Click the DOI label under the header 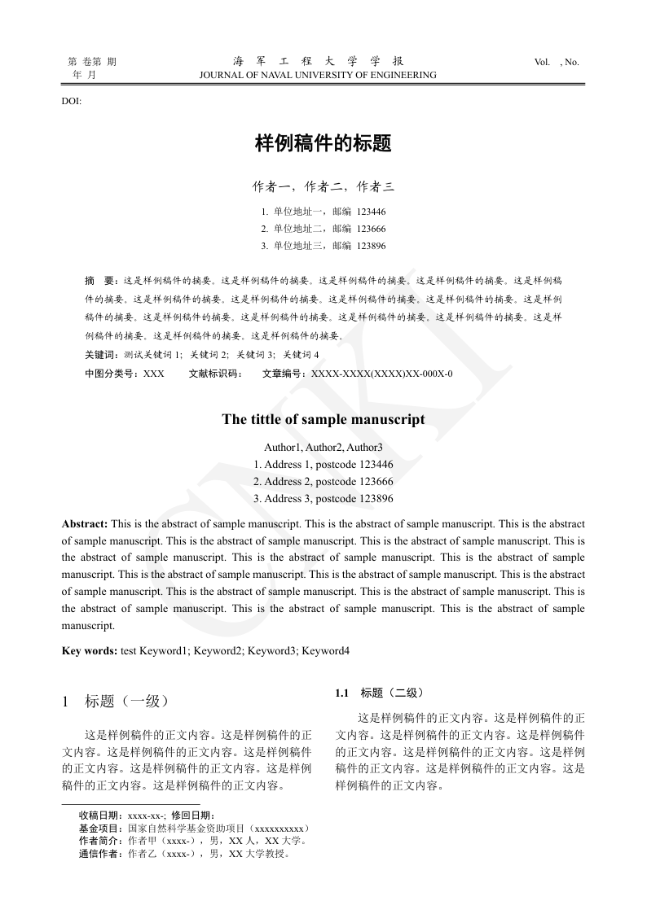coord(72,100)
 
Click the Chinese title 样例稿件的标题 coord(323,144)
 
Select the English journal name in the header coord(318,75)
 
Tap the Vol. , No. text coord(557,62)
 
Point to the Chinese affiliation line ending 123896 coord(323,246)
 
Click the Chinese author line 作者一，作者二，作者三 coord(323,187)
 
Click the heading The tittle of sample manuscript coord(323,420)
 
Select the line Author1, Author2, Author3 coord(323,448)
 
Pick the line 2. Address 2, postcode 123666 coord(323,482)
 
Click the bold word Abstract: coord(85,524)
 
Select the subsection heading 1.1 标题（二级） coord(379,693)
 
